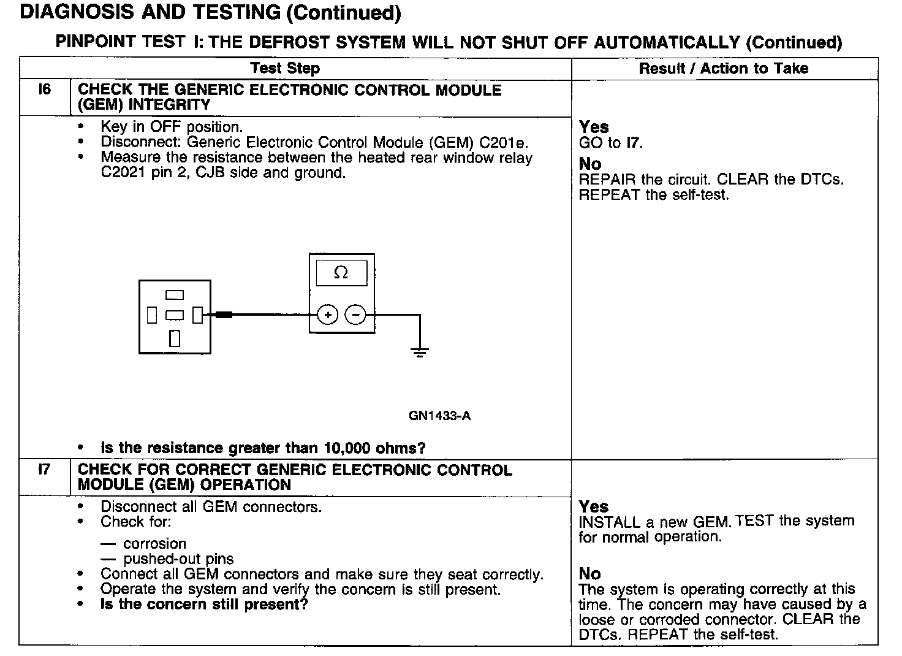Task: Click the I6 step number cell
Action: (x=45, y=90)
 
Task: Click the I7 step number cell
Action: (x=45, y=470)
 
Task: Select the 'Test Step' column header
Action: (x=285, y=68)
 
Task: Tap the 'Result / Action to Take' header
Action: (x=723, y=68)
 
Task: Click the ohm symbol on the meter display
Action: (x=341, y=273)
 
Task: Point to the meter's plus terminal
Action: (x=328, y=315)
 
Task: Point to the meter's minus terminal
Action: (x=355, y=315)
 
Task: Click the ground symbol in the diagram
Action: (x=420, y=351)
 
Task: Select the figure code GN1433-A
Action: (x=439, y=416)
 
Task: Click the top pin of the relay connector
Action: (x=175, y=296)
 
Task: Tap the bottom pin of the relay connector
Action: (x=175, y=338)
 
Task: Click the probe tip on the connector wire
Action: (x=224, y=315)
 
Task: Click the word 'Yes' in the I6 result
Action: (x=594, y=127)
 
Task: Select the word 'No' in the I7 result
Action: (x=589, y=573)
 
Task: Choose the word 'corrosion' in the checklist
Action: (x=154, y=544)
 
